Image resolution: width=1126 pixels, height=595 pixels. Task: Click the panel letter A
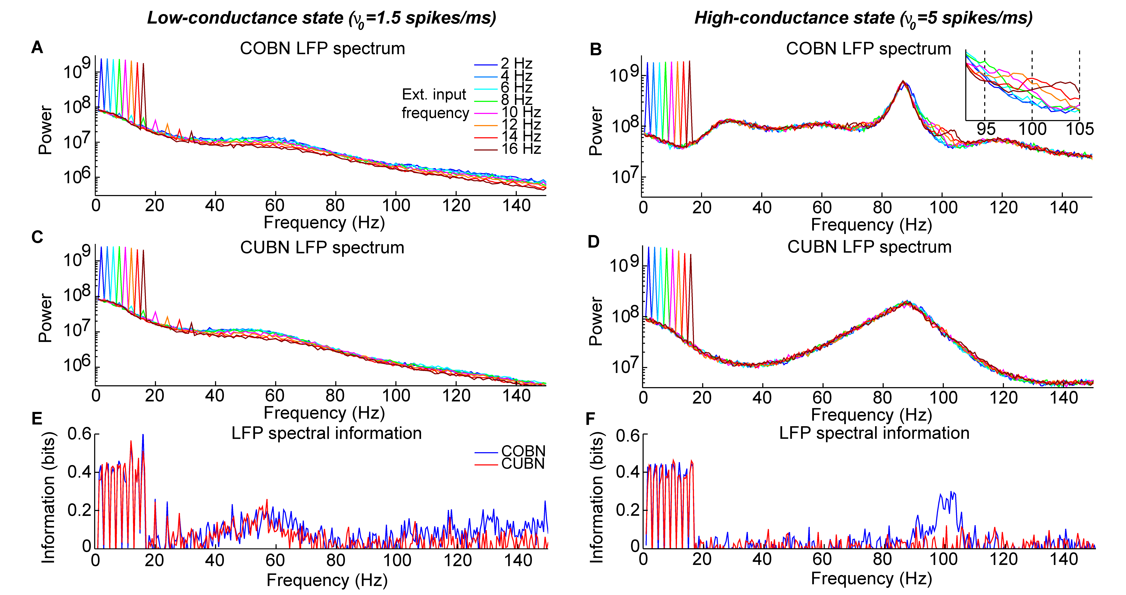tap(37, 47)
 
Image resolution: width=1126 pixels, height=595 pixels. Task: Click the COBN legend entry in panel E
tap(523, 451)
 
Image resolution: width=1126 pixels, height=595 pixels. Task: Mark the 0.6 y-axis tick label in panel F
tap(627, 436)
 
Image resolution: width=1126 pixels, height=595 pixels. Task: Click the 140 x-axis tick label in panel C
tap(517, 396)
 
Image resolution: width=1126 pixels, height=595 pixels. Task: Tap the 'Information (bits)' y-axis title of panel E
tap(48, 497)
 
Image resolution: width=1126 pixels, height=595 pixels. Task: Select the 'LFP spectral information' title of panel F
tap(874, 433)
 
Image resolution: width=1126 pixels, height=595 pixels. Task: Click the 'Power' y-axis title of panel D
tap(595, 322)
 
